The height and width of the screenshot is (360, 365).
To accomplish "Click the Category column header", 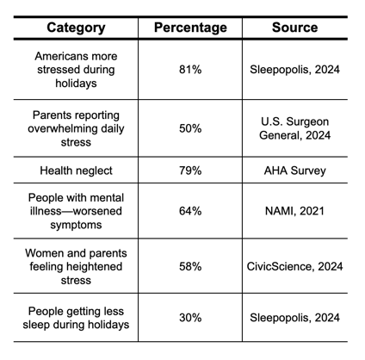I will coord(76,28).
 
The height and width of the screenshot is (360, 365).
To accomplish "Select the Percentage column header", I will coord(190,28).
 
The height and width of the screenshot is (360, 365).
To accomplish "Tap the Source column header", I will coord(294,28).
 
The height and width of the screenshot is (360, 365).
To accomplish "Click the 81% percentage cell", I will coord(190,70).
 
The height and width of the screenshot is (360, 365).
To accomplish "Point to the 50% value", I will coord(190,128).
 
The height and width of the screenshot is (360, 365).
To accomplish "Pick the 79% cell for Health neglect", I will coord(190,171).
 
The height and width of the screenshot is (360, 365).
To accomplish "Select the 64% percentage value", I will coord(190,210).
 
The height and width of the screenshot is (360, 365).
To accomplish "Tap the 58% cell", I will coord(190,266).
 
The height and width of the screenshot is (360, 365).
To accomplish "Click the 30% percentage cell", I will coord(190,318).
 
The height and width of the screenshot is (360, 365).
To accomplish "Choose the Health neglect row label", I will coord(76,171).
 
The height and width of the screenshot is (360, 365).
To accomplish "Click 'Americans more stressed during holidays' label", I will coord(76,70).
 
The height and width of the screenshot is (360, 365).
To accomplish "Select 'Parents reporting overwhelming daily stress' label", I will coord(76,128).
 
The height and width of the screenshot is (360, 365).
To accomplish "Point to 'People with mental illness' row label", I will coord(76,210).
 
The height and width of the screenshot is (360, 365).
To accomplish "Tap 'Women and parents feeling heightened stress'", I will coord(76,266).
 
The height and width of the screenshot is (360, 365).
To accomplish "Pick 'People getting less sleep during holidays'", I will coord(76,318).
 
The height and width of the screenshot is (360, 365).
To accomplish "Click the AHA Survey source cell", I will coord(294,171).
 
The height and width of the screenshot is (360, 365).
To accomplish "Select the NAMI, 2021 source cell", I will coord(294,210).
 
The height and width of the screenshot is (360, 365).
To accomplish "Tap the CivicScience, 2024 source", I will coord(294,266).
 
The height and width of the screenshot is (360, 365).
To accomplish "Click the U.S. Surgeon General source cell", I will coord(294,128).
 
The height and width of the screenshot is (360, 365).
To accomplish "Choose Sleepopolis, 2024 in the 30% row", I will coord(294,318).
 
